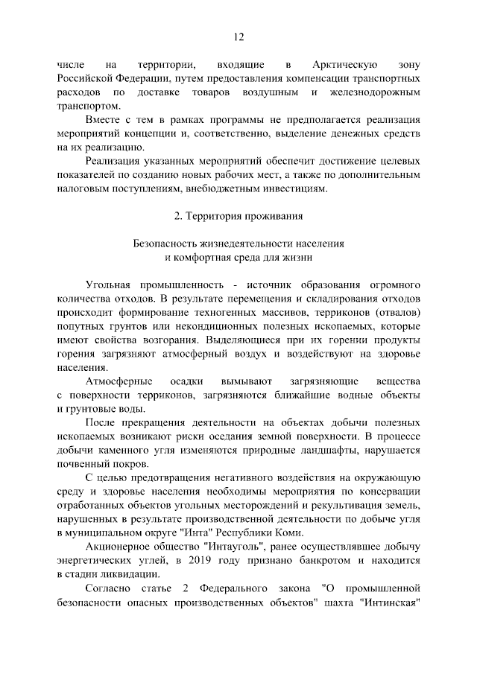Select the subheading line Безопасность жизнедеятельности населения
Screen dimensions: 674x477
point(238,244)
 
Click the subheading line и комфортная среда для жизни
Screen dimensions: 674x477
point(238,257)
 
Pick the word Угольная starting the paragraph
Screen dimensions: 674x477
point(109,286)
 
